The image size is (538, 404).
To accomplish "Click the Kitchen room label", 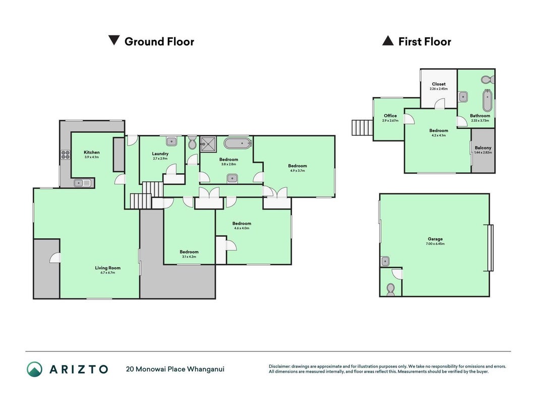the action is pos(92,152).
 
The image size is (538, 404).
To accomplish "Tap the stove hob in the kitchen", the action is pos(66,155).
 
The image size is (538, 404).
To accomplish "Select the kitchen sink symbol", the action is pos(82,183).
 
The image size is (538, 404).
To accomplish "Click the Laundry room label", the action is pos(160,154).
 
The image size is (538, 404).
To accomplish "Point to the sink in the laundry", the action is pos(171,141).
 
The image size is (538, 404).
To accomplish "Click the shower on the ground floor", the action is pos(209,144).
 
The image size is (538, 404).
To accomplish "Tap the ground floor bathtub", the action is pos(238,143).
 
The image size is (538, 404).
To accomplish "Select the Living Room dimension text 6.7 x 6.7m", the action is pos(108,273).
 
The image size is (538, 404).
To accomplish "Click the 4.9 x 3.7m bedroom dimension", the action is pos(297,171).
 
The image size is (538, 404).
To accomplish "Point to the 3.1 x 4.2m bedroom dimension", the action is pos(189,257).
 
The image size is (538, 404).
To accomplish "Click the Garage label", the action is pos(435,239).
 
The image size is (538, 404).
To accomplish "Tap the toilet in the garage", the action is pos(390,289).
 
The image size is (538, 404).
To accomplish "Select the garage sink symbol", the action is pos(385,262).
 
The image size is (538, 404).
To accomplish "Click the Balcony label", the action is pos(483,148).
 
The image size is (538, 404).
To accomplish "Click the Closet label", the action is pos(439,84).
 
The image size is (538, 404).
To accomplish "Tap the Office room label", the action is pos(390,116).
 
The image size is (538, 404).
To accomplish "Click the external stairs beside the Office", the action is pos(363,127).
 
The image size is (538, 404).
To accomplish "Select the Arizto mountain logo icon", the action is pos(35,369).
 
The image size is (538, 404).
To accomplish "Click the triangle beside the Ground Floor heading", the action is pos(114,40).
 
